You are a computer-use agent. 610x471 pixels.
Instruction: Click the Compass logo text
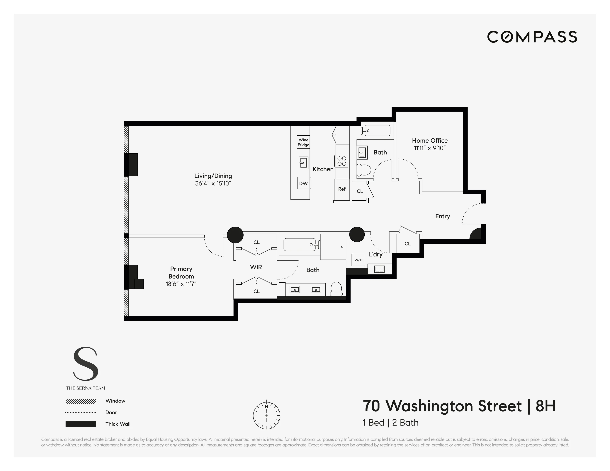[x=532, y=37]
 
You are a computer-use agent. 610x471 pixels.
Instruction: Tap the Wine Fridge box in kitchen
[x=303, y=142]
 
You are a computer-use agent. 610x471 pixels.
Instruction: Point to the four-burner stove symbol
[x=341, y=161]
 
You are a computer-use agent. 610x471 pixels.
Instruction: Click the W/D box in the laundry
[x=358, y=260]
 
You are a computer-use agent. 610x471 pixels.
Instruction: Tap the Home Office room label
[x=430, y=140]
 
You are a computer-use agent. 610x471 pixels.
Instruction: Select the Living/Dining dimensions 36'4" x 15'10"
[x=213, y=183]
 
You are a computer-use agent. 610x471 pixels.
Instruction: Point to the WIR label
[x=256, y=267]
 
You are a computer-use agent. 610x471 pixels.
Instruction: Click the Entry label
[x=442, y=216]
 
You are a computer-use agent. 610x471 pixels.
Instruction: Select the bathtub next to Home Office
[x=377, y=131]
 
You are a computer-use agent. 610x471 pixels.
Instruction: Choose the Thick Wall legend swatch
[x=81, y=424]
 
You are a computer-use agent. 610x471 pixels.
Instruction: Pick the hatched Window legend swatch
[x=81, y=401]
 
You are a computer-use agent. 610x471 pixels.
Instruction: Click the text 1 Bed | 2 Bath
[x=390, y=422]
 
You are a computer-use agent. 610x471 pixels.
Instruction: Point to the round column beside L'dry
[x=357, y=234]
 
